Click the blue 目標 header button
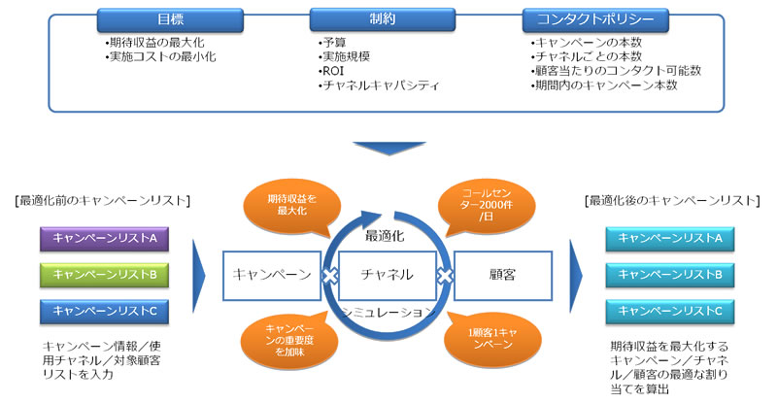tap(170, 19)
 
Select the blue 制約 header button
tap(382, 19)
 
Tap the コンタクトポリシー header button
tap(595, 19)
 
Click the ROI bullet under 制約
tap(331, 71)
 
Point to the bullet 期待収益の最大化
tap(154, 43)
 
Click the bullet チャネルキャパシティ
tap(379, 85)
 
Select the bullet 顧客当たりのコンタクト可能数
tap(616, 71)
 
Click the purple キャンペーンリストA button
tap(104, 239)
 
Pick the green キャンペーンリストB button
tap(104, 275)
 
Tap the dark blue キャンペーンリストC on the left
tap(104, 312)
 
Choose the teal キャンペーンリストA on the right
tap(669, 239)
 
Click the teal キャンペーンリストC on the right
tap(669, 312)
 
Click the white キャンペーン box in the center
tap(272, 276)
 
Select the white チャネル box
tap(387, 276)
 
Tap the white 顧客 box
tap(502, 276)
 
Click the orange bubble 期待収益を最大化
tap(292, 206)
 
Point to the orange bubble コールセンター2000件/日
tap(487, 206)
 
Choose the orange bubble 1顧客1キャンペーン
tap(492, 340)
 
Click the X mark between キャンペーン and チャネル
tap(330, 276)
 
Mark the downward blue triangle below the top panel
tap(389, 148)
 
